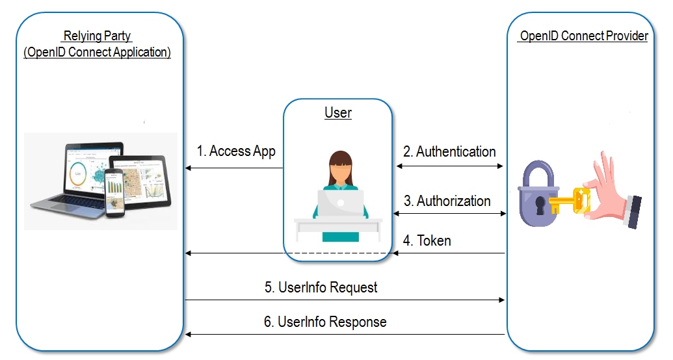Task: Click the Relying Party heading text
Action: [x=97, y=36]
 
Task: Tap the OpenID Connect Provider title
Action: [x=583, y=36]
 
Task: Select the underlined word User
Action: [x=338, y=113]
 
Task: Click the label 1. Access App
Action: [x=236, y=151]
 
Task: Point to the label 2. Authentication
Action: [x=449, y=152]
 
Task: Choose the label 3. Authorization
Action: [x=447, y=201]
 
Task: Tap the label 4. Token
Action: [x=427, y=240]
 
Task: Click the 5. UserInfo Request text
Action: [x=321, y=287]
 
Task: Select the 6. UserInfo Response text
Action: [x=325, y=322]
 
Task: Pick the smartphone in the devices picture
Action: [x=114, y=192]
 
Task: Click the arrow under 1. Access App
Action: [x=234, y=168]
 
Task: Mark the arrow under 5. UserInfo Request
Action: [x=345, y=300]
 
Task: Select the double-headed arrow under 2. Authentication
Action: [x=450, y=166]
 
